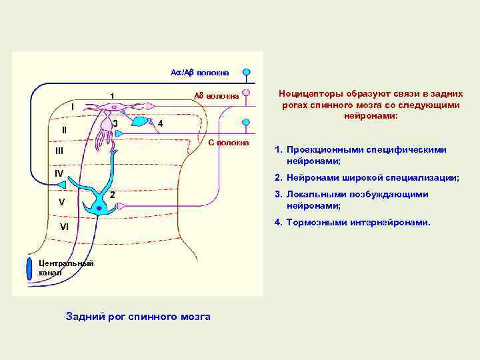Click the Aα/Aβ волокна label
point(200,72)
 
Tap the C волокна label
point(228,143)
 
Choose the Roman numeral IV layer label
point(59,173)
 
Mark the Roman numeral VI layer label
point(64,227)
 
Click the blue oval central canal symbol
point(29,267)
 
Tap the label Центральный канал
point(65,267)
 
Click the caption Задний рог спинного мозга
point(138,317)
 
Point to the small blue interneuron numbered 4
point(141,122)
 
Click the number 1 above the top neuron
point(112,95)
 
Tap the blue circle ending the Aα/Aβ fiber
point(246,71)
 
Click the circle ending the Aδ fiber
point(246,94)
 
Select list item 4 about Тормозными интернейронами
point(357,222)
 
